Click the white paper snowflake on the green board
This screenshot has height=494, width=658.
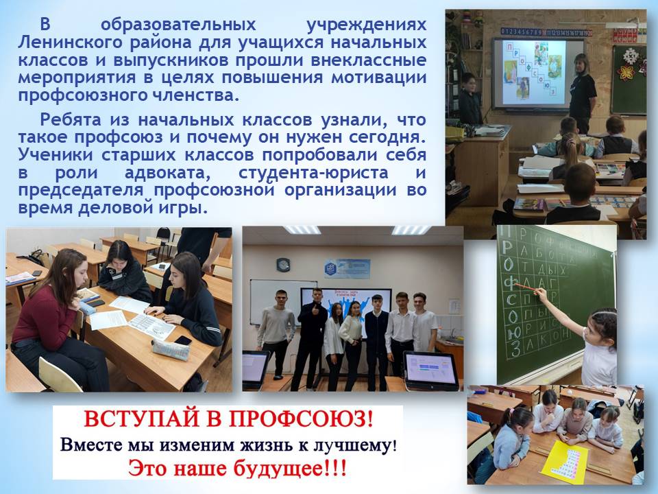627,71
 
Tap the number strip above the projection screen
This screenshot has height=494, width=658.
546,32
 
